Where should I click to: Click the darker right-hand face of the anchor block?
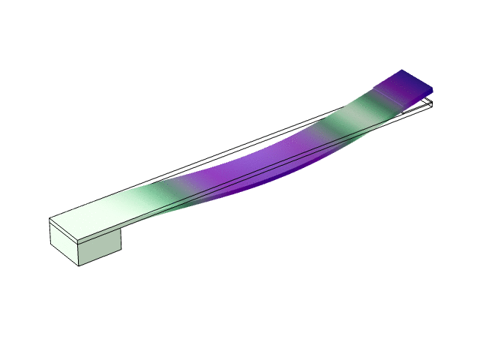(x=101, y=247)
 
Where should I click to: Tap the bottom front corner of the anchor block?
(x=80, y=265)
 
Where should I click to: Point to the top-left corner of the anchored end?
(x=49, y=218)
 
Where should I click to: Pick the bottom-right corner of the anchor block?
(x=121, y=252)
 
